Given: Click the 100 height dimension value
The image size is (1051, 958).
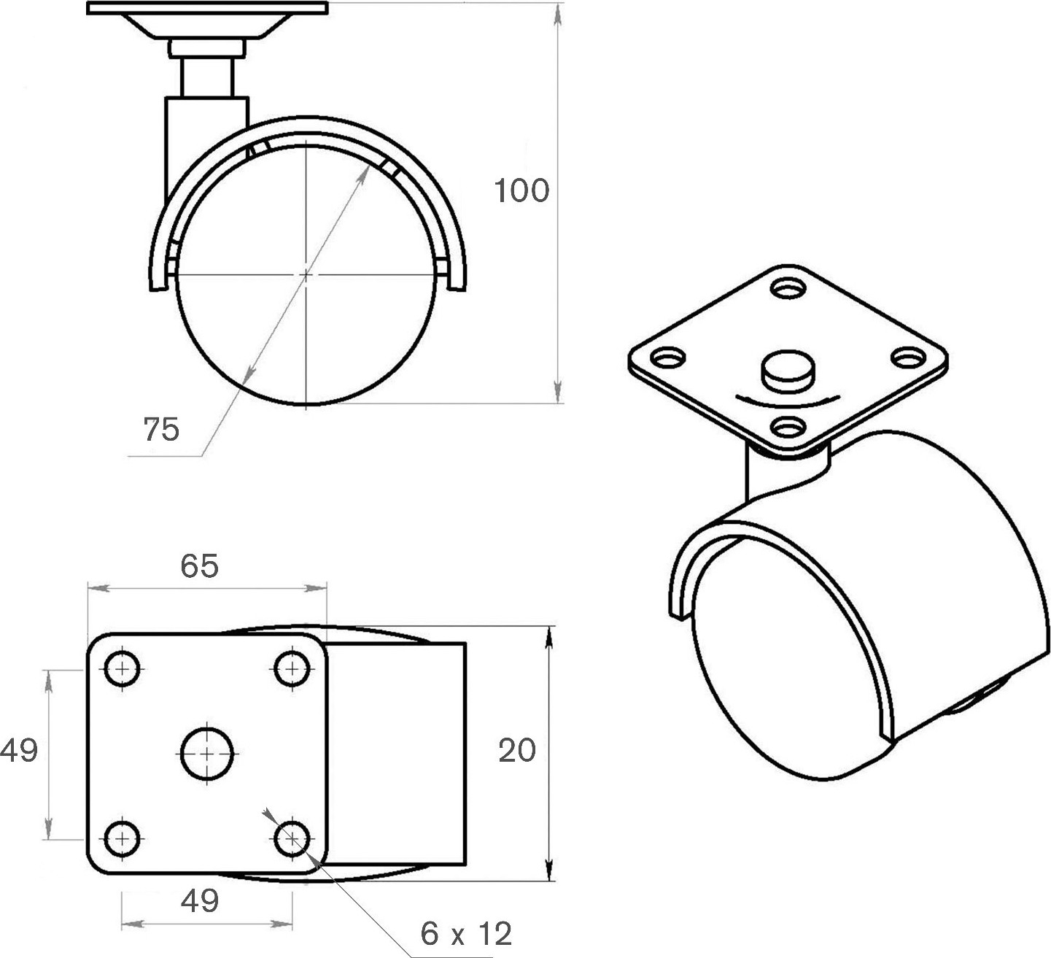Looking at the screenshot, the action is click(521, 190).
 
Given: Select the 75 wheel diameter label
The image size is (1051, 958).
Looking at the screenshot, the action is click(161, 429).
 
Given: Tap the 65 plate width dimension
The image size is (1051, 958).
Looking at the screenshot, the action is click(199, 566).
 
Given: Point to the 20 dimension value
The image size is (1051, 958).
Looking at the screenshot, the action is click(517, 750).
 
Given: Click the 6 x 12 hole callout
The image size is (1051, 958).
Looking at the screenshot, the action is click(466, 934).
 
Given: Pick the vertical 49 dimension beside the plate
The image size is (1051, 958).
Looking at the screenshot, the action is click(19, 750).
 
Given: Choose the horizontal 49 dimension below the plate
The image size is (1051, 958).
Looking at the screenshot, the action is click(200, 901).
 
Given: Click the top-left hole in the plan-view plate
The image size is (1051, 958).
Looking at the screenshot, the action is click(122, 669).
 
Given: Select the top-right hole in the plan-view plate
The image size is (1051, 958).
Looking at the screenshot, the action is click(292, 669).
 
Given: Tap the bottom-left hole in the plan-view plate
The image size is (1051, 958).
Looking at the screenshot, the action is click(122, 839).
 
